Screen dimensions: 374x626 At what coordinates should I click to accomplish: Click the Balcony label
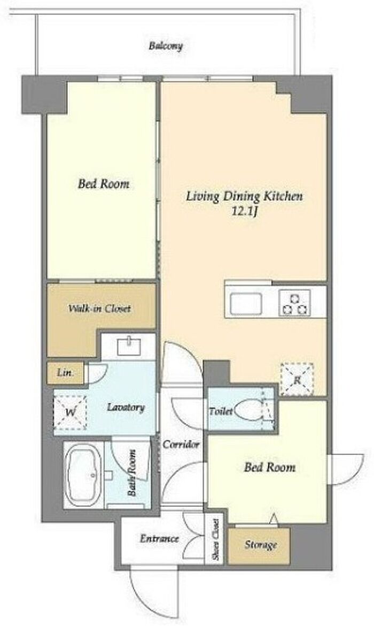pyautogui.click(x=166, y=46)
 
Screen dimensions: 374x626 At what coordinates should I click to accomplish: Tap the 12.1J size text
pyautogui.click(x=244, y=211)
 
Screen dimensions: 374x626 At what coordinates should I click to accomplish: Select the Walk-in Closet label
pyautogui.click(x=99, y=309)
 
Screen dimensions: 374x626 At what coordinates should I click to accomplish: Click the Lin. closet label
pyautogui.click(x=65, y=373)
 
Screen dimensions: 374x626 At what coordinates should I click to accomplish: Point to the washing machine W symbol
pyautogui.click(x=70, y=412)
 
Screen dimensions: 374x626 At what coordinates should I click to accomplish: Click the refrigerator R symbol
pyautogui.click(x=297, y=379)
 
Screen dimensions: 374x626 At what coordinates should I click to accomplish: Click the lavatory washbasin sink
pyautogui.click(x=129, y=345)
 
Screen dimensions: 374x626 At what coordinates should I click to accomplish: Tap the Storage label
pyautogui.click(x=261, y=545)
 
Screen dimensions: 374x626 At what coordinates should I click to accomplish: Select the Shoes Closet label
pyautogui.click(x=215, y=540)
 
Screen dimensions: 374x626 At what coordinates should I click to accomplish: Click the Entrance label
pyautogui.click(x=159, y=538)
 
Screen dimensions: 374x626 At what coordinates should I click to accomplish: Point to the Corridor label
pyautogui.click(x=181, y=444)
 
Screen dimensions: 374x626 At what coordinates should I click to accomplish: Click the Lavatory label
pyautogui.click(x=126, y=407)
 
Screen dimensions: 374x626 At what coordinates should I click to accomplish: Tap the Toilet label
pyautogui.click(x=221, y=411)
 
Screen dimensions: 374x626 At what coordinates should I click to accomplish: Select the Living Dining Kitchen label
pyautogui.click(x=244, y=197)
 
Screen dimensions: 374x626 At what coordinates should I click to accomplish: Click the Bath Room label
pyautogui.click(x=132, y=473)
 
